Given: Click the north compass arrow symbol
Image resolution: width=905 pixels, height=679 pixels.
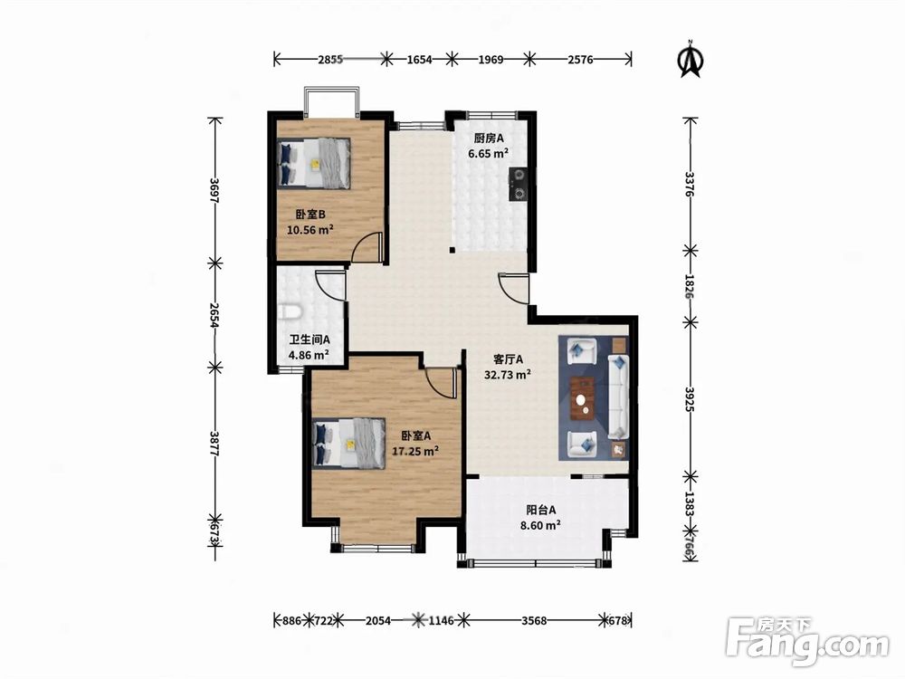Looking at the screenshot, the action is pos(691,59).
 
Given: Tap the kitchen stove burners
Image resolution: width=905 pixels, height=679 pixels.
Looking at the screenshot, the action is pos(519,184).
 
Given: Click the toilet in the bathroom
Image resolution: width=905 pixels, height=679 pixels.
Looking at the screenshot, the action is pos(290,312).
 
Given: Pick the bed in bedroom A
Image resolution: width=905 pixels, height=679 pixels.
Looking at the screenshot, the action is pos(348,443).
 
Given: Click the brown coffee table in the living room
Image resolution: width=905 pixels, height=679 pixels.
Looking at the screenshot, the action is pos(582,397).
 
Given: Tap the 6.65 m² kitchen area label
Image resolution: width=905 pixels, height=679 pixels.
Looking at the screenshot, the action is pos(489,154).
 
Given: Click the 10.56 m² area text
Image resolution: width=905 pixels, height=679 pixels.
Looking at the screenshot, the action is pos(310,230).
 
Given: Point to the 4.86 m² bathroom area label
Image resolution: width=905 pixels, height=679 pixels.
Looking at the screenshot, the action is pos(309,355).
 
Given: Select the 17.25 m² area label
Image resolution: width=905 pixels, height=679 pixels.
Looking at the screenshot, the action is pos(415,451).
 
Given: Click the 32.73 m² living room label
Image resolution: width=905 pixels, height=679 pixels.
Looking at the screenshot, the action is pos(508,375).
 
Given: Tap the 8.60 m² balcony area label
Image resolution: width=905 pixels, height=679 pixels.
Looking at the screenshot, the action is pos(541,525).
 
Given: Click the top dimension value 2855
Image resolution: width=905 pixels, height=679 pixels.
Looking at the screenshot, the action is pos(330,59).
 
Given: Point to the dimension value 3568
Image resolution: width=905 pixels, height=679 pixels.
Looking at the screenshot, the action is pos(534,621).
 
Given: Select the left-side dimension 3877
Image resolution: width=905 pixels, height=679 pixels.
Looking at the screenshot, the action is pos(214,444).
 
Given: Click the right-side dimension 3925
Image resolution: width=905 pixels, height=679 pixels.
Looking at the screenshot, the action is pos(689,399).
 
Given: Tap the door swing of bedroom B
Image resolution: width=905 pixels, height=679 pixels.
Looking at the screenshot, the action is pos(368,247).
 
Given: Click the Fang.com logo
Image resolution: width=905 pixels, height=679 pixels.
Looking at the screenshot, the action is pos(807,641).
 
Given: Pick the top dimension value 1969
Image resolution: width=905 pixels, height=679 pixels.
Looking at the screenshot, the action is pos(491,59).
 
